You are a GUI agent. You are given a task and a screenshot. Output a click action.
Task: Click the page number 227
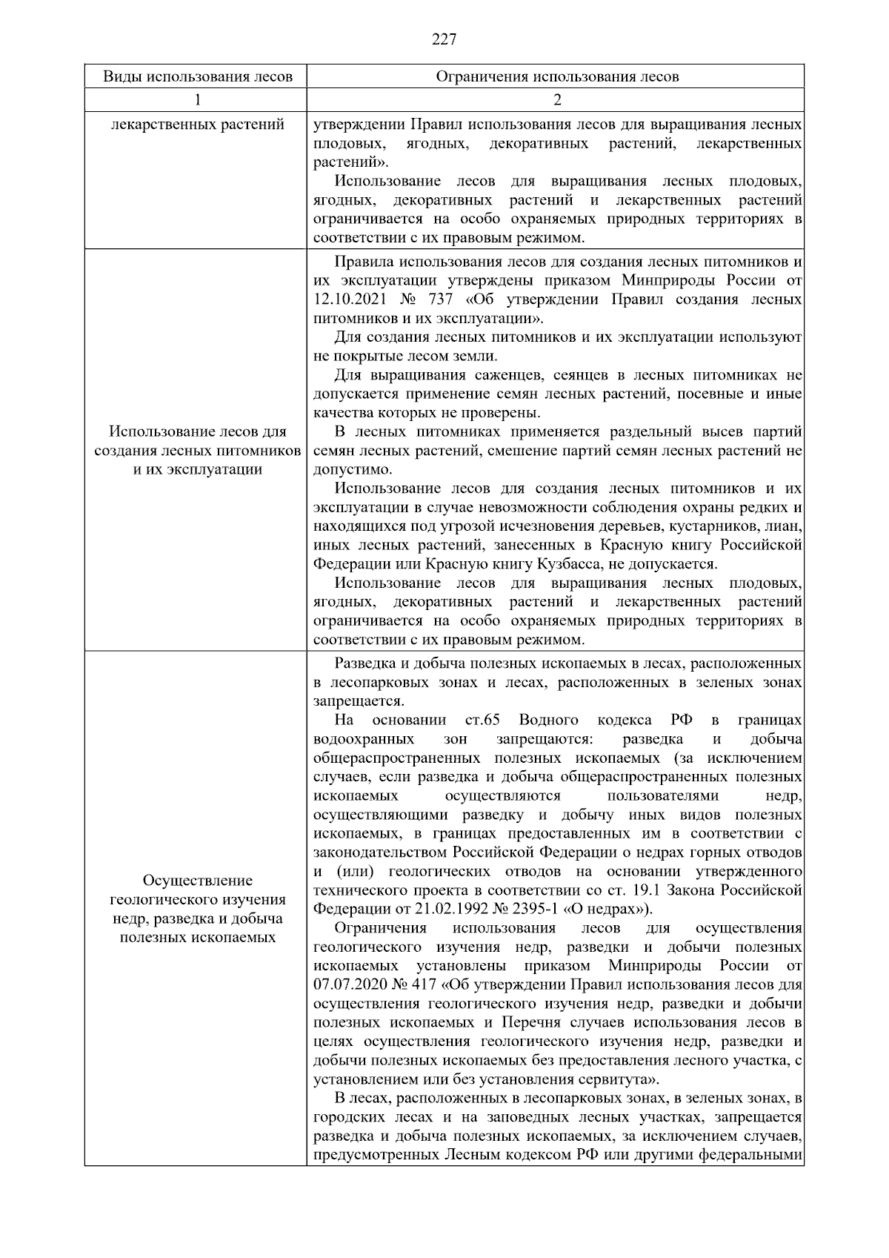444,39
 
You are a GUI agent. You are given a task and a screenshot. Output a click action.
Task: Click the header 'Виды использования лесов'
197,76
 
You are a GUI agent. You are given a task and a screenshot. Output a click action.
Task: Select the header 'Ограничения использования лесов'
556,76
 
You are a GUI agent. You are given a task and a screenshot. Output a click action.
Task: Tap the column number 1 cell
197,99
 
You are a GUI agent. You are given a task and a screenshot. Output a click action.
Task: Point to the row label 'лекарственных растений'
197,124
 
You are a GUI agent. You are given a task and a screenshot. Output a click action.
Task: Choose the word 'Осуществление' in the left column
197,881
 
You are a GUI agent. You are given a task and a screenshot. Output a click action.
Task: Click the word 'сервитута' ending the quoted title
614,1079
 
